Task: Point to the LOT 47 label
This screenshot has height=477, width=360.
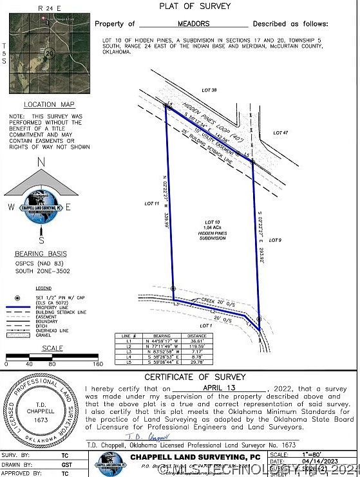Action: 280,133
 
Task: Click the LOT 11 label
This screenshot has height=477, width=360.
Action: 152,203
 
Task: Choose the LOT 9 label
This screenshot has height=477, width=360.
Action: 276,239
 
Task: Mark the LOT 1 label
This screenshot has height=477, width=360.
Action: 205,325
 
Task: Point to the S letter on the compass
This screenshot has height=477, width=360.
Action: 41,239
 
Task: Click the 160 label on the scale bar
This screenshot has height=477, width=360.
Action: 97,364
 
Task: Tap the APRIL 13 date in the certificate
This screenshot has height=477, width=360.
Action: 222,388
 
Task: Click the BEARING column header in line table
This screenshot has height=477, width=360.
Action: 153,336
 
